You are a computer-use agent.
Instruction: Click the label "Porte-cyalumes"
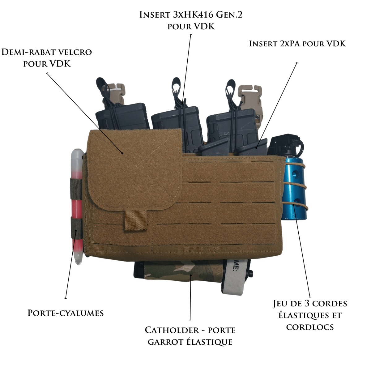66,313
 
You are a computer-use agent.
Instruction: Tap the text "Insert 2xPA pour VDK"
297,44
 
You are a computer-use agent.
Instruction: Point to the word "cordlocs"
310,327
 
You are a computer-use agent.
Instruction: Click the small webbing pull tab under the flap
135,221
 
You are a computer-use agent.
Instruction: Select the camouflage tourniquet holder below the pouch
179,272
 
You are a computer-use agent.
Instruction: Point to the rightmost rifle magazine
230,127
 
